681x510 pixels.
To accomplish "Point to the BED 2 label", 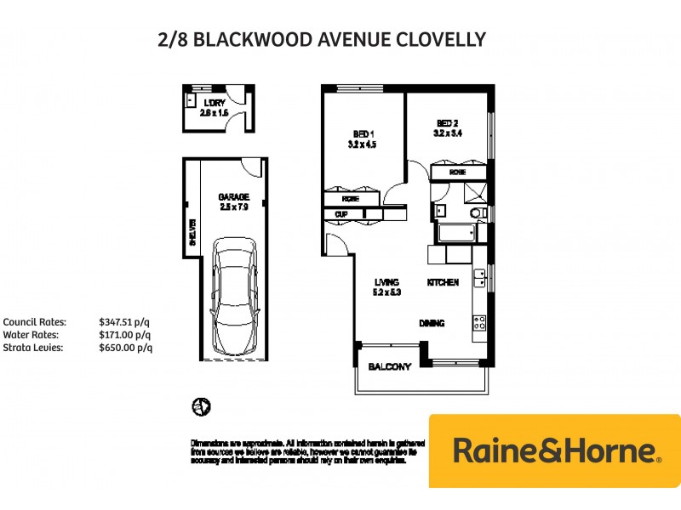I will (448, 122).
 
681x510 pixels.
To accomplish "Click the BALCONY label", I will (390, 367).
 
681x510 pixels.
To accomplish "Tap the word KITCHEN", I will (444, 282).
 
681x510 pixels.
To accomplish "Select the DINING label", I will (432, 323).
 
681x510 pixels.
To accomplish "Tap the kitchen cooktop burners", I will (479, 323).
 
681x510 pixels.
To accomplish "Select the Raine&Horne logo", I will (555, 450).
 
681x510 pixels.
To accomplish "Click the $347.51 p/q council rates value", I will (124, 322).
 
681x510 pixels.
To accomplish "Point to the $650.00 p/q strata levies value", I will (124, 348).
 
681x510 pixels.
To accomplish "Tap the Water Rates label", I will (30, 335).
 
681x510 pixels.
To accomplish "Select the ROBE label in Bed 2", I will (458, 173).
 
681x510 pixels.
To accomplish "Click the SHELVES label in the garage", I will (192, 234).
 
